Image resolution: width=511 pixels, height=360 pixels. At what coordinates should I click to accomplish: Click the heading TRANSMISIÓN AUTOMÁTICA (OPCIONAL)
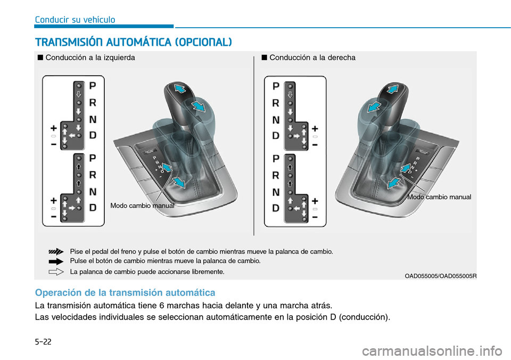[133, 42]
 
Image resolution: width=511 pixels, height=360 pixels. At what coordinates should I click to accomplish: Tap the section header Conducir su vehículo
[75, 20]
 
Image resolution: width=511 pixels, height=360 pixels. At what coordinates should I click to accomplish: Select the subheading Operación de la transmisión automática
[125, 292]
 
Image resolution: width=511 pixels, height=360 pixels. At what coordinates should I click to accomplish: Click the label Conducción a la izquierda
[90, 58]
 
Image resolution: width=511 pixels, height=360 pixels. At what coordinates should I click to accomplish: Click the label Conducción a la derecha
[312, 58]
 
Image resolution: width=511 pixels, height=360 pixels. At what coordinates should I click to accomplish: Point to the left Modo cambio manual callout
[142, 205]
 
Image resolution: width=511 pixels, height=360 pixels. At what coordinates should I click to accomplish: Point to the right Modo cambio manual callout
[439, 197]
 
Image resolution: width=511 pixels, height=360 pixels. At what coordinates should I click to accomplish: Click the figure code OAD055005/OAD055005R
[440, 275]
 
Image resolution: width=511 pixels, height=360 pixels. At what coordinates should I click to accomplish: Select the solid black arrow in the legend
[55, 261]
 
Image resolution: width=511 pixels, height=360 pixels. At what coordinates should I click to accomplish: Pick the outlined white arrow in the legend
[55, 272]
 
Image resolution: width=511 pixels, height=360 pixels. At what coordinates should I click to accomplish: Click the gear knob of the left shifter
[181, 96]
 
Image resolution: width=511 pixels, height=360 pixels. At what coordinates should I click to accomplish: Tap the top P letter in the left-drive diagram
[93, 85]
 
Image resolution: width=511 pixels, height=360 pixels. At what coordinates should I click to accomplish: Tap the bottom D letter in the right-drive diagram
[276, 208]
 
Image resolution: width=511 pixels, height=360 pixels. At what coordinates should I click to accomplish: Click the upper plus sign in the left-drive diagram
[54, 128]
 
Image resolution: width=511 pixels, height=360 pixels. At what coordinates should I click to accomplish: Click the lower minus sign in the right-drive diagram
[315, 217]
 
